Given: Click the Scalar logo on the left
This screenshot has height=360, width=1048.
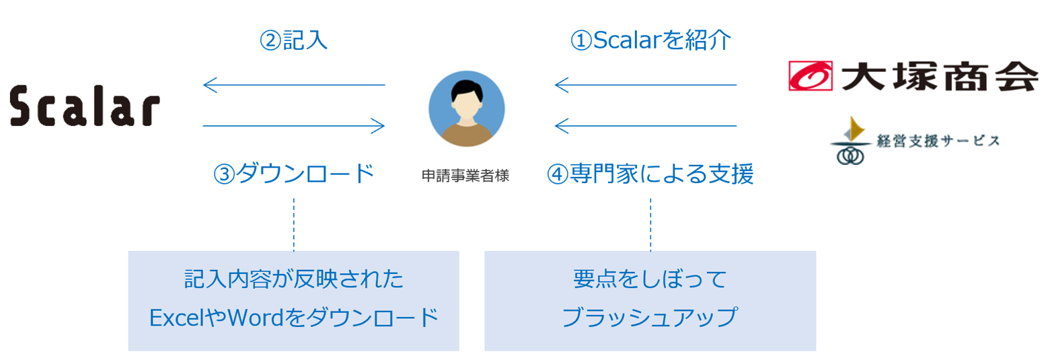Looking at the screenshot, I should [85, 106].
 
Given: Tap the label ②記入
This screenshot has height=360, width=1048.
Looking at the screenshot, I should [293, 40].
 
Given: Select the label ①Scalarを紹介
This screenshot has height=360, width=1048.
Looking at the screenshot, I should [650, 40].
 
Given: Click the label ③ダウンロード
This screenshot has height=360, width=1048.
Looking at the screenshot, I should [293, 174].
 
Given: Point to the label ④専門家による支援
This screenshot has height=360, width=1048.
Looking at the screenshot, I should [650, 174].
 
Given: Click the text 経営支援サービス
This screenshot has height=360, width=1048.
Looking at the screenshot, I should [937, 141].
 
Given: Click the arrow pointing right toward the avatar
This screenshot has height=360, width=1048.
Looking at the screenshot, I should [293, 126].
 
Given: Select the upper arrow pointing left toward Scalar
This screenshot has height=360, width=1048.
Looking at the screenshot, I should [293, 85].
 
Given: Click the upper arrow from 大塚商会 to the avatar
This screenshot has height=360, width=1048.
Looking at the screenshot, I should [646, 85].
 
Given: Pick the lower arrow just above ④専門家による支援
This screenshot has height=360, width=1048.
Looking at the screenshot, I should [646, 126].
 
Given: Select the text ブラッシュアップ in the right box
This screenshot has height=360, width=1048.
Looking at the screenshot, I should [650, 316].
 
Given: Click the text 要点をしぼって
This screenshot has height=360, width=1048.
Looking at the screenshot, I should [650, 279].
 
